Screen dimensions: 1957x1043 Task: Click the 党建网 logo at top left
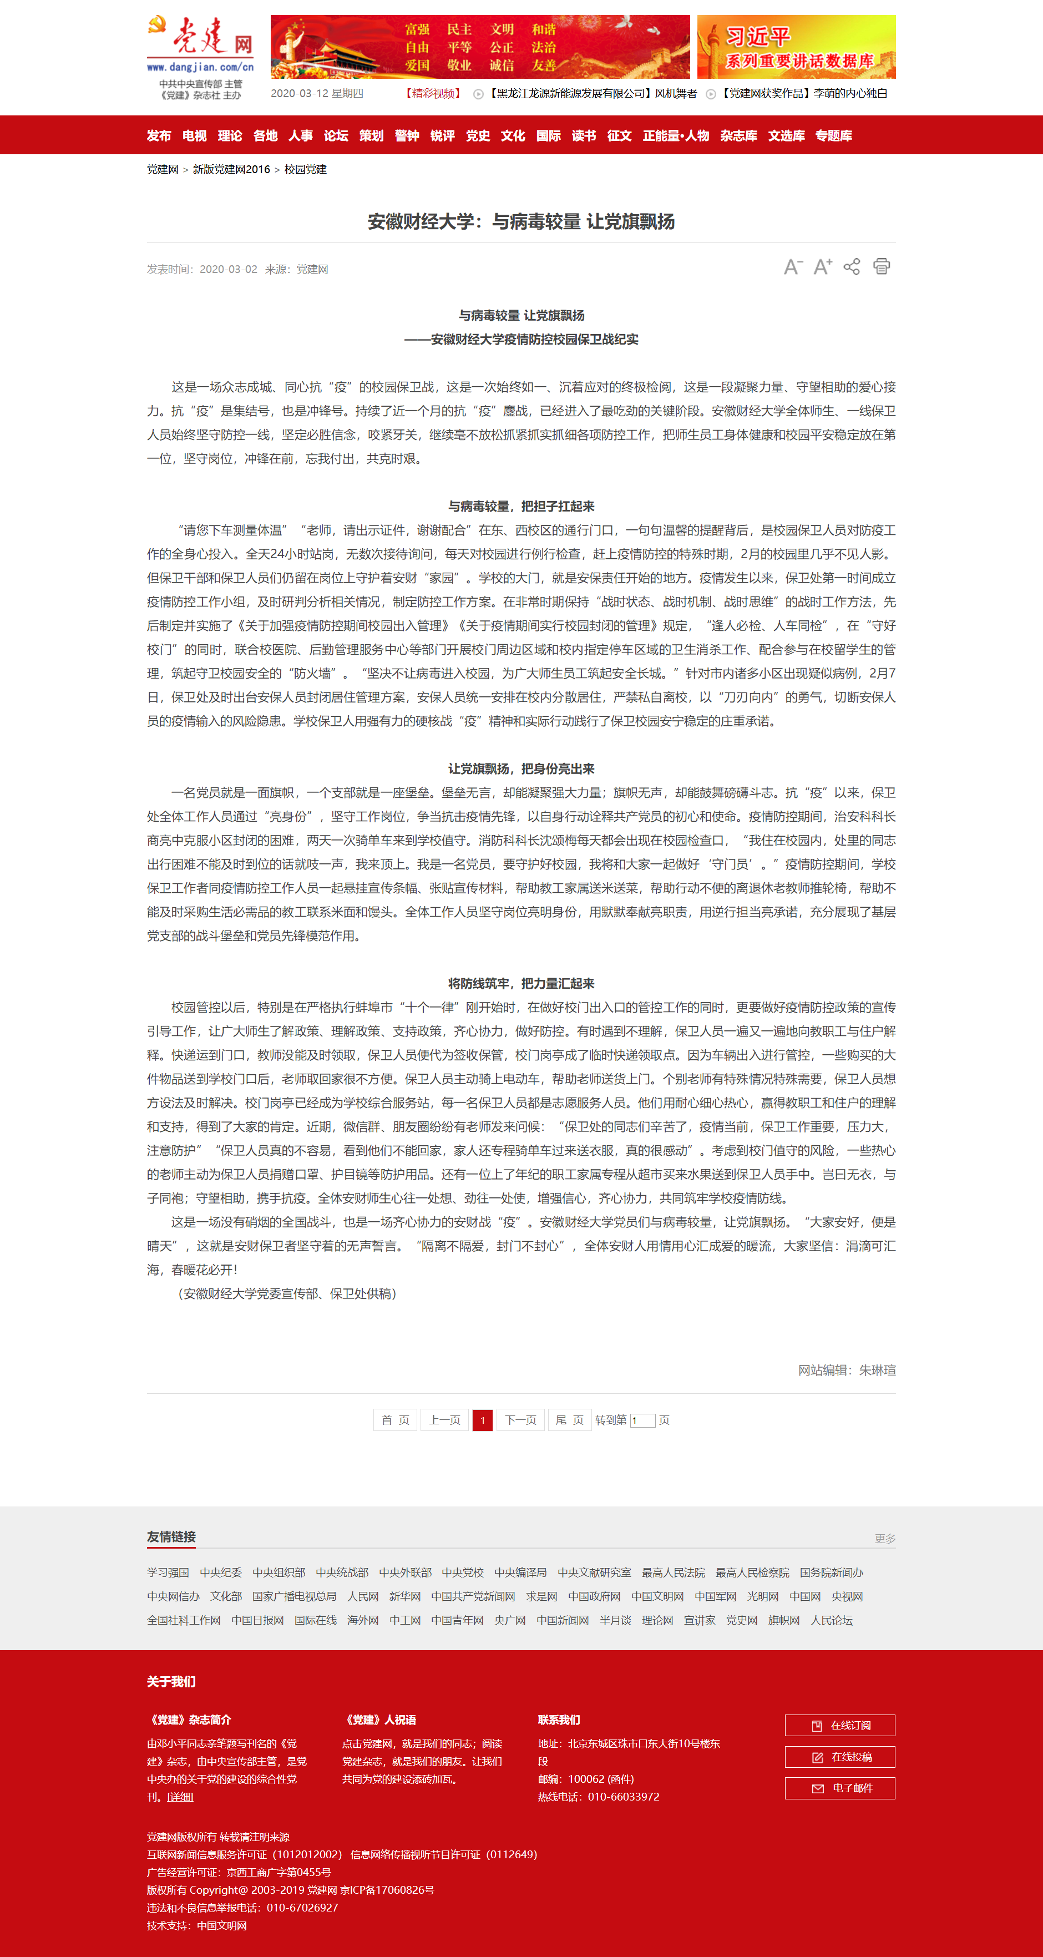pos(200,45)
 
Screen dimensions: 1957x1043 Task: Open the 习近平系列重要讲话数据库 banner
pos(796,47)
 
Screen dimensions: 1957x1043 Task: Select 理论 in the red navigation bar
pos(230,136)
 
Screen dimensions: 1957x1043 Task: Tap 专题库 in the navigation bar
pos(833,136)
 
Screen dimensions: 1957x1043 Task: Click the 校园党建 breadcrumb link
pos(305,169)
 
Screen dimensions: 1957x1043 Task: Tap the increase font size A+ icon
pos(823,267)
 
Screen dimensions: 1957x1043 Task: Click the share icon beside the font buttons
pos(852,267)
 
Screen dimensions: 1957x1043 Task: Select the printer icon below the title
pos(881,267)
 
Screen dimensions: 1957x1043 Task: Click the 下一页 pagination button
pos(520,1420)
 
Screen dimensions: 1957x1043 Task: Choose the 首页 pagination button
pos(395,1420)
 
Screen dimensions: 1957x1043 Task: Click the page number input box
pos(642,1420)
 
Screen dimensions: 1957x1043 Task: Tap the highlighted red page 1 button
pos(482,1420)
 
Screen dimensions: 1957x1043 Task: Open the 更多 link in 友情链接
pos(885,1539)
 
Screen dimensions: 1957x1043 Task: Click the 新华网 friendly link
pos(405,1596)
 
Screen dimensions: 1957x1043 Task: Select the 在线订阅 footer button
pos(840,1725)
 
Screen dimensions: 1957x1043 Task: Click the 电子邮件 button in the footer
pos(840,1788)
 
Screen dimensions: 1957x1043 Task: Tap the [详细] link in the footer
pos(180,1797)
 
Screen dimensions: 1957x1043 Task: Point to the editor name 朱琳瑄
pos(878,1370)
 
